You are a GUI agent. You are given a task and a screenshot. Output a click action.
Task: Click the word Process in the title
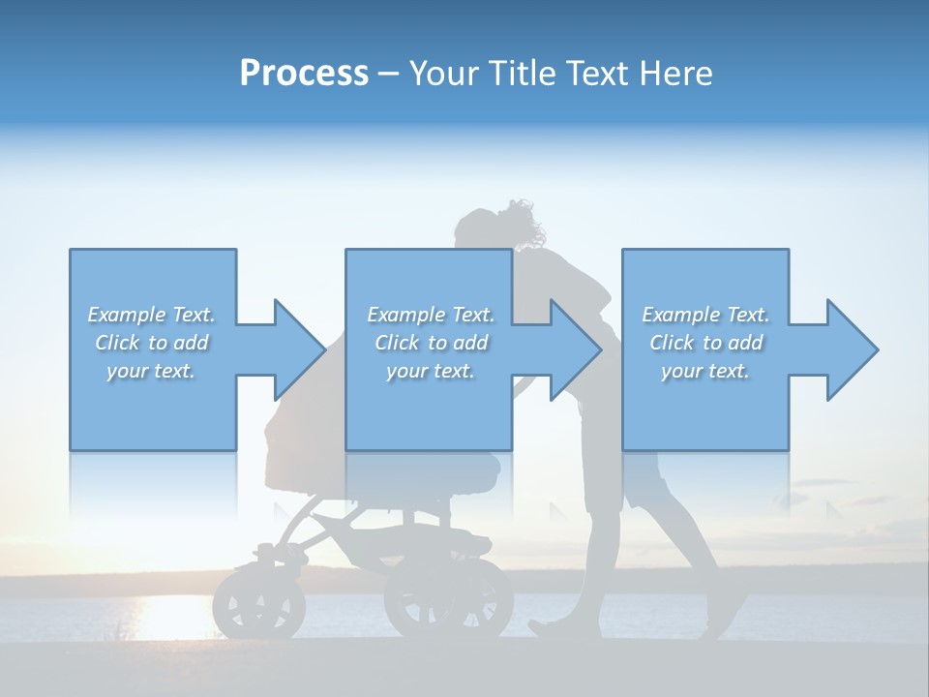(304, 74)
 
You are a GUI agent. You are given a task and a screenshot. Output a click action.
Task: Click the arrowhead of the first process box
(299, 349)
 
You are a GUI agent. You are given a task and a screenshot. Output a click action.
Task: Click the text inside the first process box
(152, 343)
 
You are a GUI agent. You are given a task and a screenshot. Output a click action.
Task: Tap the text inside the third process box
(705, 343)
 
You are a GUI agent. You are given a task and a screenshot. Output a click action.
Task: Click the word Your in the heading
(441, 74)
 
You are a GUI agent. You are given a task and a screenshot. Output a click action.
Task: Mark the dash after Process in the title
(389, 74)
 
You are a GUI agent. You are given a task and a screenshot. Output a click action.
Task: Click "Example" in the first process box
(127, 315)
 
